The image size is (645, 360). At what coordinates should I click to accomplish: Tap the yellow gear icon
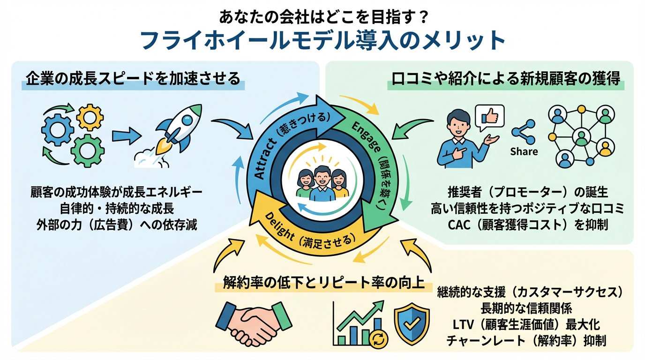(90, 118)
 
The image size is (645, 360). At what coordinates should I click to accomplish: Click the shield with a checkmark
(412, 323)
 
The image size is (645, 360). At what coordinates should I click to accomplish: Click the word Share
(524, 151)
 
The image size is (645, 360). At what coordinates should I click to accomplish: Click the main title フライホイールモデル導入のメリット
(322, 41)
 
